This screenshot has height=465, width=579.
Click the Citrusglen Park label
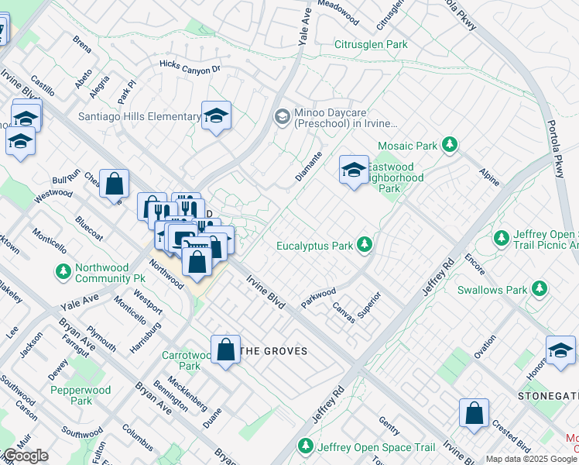tap(371, 45)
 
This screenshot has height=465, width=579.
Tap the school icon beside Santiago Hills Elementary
tap(217, 116)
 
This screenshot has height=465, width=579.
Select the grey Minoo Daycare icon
tap(282, 117)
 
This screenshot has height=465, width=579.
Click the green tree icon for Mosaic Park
tap(448, 145)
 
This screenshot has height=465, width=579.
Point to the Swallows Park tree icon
tap(539, 290)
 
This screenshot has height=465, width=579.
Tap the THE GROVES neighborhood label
tap(274, 351)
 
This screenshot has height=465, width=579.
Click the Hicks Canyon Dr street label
tap(190, 67)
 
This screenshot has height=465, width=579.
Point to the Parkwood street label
tap(318, 297)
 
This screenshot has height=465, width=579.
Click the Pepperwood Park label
tap(81, 395)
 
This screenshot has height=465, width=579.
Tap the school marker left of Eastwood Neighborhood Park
tap(354, 170)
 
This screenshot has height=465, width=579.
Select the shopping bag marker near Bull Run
tap(114, 184)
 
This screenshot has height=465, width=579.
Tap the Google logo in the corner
tap(25, 456)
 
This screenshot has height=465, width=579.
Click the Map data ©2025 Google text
tap(530, 459)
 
